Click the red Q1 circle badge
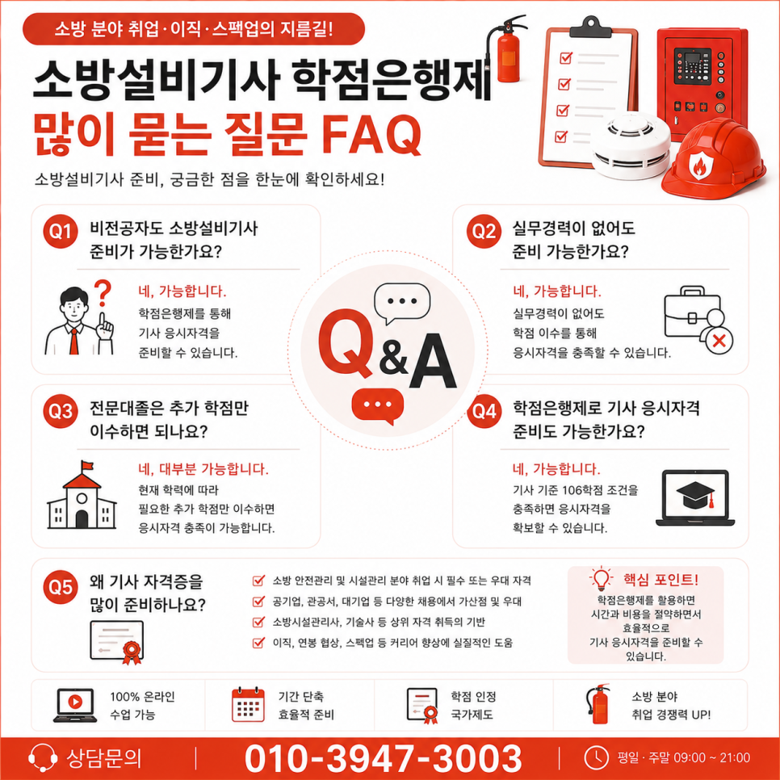tap(61, 231)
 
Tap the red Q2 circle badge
tap(484, 231)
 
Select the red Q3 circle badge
tap(61, 411)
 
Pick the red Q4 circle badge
tap(484, 411)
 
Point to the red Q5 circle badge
tap(61, 587)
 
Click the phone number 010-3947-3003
tap(383, 758)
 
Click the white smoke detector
tap(631, 147)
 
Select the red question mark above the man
tap(103, 293)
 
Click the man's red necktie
tap(74, 342)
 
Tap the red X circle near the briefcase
tap(719, 341)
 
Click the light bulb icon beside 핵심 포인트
tap(601, 578)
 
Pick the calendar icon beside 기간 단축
tap(248, 705)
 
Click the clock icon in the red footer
tap(595, 757)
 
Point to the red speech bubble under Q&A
tap(378, 406)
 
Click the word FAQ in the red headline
tap(371, 134)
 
